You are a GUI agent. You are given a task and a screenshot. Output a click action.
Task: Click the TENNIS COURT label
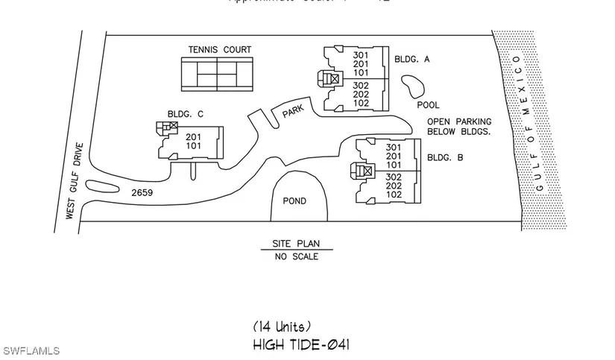click(220, 50)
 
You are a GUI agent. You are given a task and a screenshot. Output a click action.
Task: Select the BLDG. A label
click(410, 58)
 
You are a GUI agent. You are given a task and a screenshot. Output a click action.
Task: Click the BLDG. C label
click(186, 114)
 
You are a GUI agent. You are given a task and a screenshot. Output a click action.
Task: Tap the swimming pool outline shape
click(410, 89)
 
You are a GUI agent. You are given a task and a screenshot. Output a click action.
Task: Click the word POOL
click(428, 105)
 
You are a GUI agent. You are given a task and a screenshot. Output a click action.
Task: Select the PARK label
click(292, 112)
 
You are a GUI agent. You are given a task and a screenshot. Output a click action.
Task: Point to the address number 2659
click(144, 192)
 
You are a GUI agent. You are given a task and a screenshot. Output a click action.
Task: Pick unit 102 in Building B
click(394, 195)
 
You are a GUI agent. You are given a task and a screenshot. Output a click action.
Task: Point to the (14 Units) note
click(282, 326)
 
